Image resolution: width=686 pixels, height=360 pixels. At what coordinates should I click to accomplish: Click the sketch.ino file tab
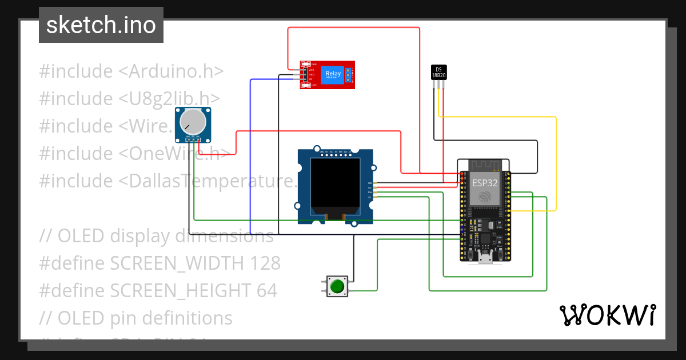[x=101, y=25]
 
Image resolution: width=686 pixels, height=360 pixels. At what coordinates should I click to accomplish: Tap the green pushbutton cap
[x=338, y=286]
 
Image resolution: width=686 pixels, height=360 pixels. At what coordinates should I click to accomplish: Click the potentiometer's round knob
[x=192, y=121]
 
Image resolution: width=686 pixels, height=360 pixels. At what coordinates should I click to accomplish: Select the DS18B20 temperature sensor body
[x=438, y=72]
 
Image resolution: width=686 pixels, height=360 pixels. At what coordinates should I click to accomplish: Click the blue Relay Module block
[x=333, y=75]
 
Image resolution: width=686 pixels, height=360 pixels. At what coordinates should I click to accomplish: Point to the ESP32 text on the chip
[x=485, y=183]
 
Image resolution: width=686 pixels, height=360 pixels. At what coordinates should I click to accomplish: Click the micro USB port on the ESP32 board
[x=486, y=258]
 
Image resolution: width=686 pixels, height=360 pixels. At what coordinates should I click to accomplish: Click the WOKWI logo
[x=607, y=315]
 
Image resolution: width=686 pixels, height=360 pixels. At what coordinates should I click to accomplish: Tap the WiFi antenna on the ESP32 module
[x=485, y=165]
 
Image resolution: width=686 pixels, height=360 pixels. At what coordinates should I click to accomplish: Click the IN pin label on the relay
[x=310, y=79]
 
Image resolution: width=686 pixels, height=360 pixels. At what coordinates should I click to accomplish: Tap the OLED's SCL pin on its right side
[x=370, y=197]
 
